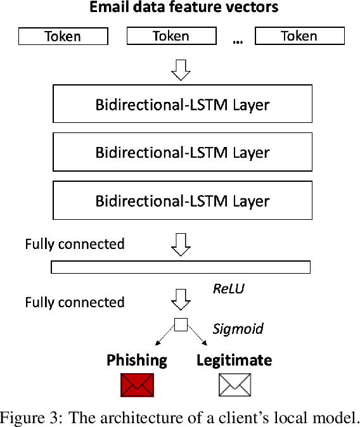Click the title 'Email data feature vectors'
(x=183, y=8)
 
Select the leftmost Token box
(x=62, y=37)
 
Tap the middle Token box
(x=171, y=36)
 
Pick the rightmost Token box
(x=299, y=36)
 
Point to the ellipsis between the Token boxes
(x=238, y=41)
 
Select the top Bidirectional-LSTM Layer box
(x=183, y=104)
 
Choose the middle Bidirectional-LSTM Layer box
(x=183, y=153)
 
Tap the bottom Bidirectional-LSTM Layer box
(x=183, y=201)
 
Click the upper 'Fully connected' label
(x=75, y=244)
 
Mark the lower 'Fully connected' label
(x=75, y=302)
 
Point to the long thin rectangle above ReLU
(x=181, y=267)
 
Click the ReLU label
(x=228, y=289)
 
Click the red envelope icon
(x=137, y=385)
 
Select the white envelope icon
(x=235, y=385)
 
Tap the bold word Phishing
(x=137, y=360)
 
